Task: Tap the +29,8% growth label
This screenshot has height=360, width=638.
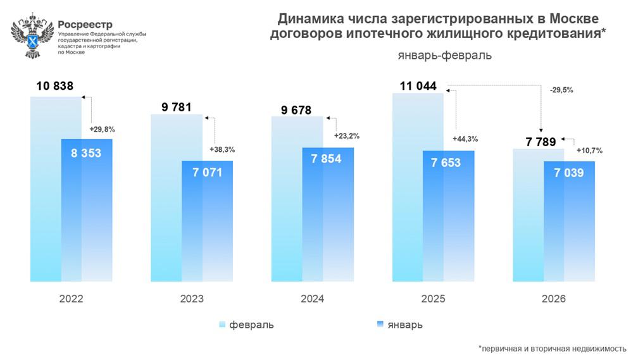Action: [101, 129]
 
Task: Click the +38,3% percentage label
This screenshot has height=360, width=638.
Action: [222, 150]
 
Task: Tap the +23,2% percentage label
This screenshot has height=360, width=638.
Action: [346, 136]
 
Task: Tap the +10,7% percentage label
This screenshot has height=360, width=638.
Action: [589, 151]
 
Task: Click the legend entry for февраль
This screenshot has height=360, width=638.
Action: [247, 325]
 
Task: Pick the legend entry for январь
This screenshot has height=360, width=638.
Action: [399, 325]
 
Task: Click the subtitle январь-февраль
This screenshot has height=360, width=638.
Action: [446, 56]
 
